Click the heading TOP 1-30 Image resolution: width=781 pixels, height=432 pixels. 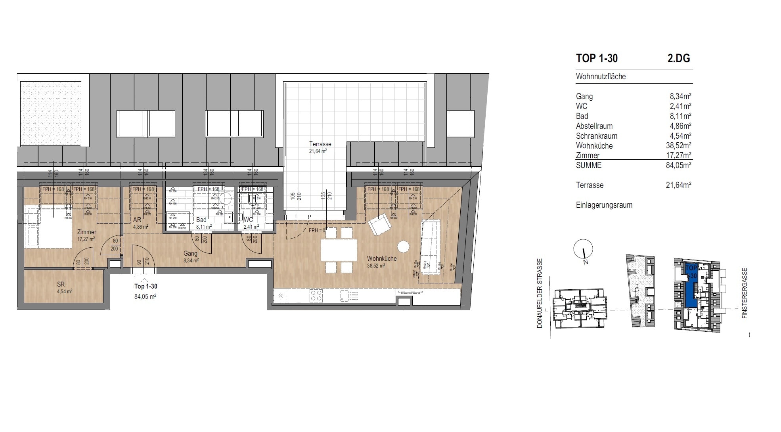click(x=597, y=58)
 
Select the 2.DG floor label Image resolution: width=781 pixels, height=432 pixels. click(x=678, y=58)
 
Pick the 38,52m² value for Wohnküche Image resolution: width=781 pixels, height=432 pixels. click(x=678, y=145)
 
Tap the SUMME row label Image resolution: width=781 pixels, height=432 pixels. click(x=588, y=165)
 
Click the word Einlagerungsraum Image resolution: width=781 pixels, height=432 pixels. click(x=604, y=205)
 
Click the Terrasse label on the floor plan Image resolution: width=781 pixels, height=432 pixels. click(x=320, y=144)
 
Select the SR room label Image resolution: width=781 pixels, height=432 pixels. click(x=61, y=284)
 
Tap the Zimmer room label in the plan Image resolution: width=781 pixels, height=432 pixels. click(x=86, y=232)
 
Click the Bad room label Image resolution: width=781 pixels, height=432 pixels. click(x=201, y=220)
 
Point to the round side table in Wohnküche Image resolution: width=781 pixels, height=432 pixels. click(x=403, y=247)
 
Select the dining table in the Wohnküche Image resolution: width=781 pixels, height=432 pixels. click(x=339, y=250)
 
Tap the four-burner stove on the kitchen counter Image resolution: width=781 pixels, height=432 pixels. click(x=316, y=295)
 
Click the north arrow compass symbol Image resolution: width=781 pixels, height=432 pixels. click(x=583, y=250)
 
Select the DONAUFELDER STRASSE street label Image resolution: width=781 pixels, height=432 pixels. click(x=540, y=293)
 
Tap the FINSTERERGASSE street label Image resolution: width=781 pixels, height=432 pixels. click(x=745, y=293)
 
